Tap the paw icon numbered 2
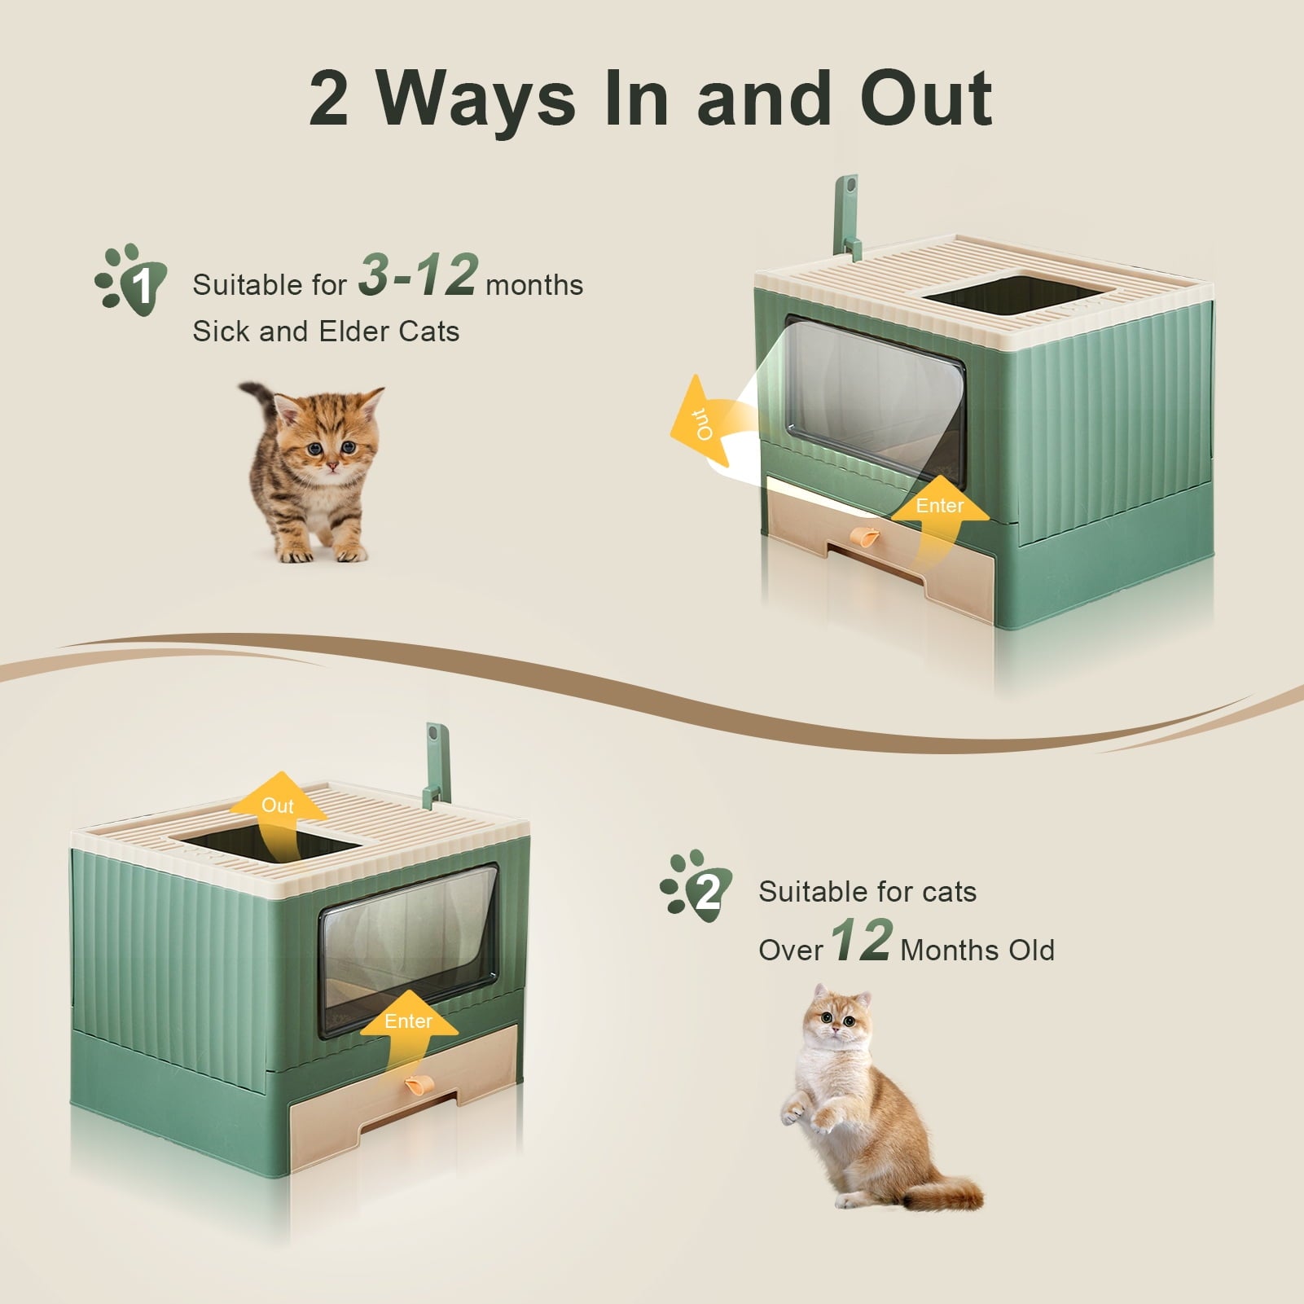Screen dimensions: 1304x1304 click(x=696, y=887)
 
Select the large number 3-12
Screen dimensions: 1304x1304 click(x=418, y=274)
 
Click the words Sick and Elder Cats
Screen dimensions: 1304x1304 click(x=326, y=331)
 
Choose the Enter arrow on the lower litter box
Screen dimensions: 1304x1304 click(x=408, y=1034)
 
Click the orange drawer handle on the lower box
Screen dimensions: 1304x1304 click(x=417, y=1086)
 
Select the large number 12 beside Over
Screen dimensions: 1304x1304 click(x=863, y=940)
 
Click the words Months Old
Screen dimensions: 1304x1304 click(x=977, y=950)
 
